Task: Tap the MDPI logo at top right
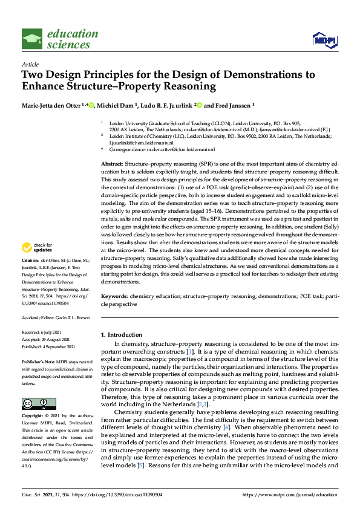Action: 324,40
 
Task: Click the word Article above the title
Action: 30,63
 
